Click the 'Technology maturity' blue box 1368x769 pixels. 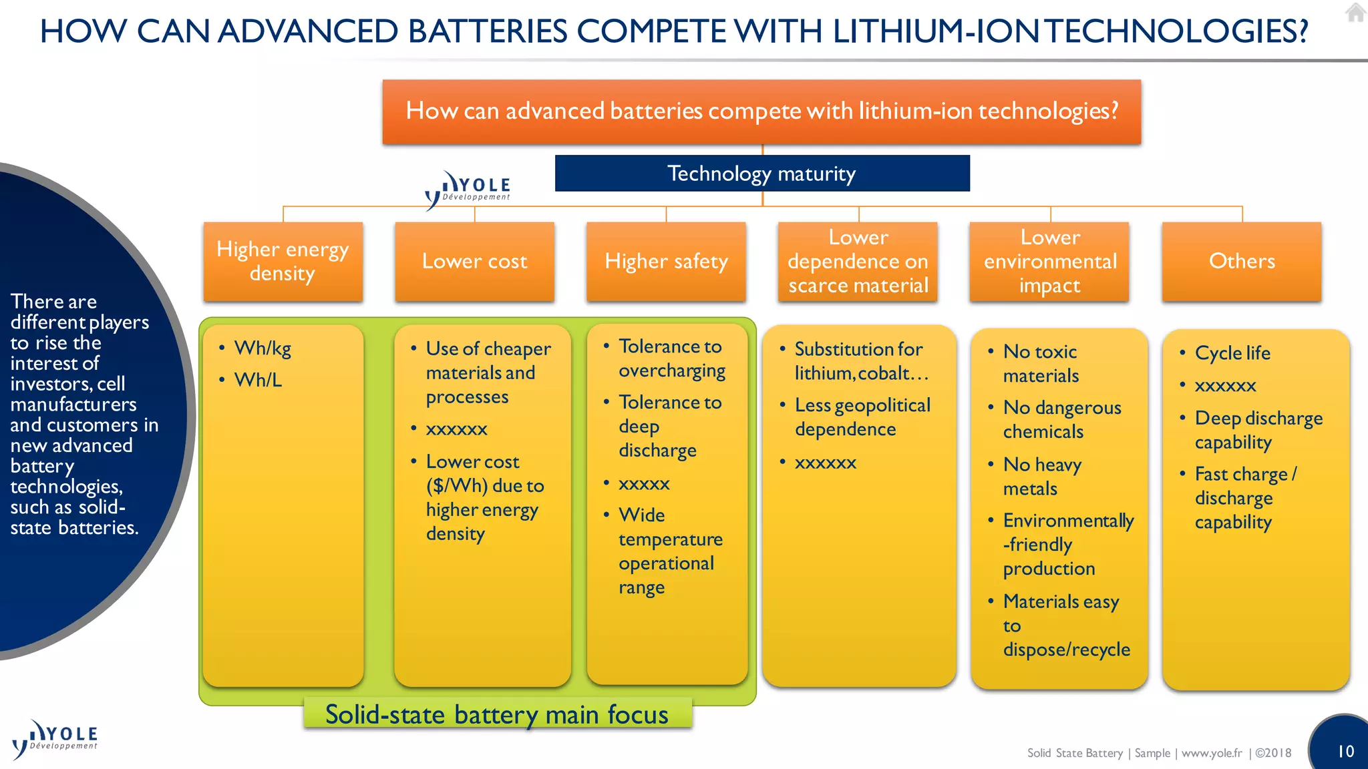(x=761, y=174)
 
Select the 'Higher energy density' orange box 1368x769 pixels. (x=283, y=261)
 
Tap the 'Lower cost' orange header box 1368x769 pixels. (x=474, y=261)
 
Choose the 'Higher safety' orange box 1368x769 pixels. (x=666, y=261)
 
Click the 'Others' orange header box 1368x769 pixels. (x=1242, y=261)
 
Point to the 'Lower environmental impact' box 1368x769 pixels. (x=1049, y=261)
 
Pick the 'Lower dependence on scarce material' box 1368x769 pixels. (x=858, y=261)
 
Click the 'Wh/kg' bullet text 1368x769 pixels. (x=263, y=348)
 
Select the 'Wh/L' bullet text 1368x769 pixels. (x=258, y=380)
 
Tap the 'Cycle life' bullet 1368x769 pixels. (x=1232, y=353)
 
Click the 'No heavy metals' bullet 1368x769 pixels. (x=1041, y=476)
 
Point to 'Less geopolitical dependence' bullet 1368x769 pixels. (x=862, y=417)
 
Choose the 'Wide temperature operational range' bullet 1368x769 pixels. (x=670, y=551)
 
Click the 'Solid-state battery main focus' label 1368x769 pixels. (x=497, y=714)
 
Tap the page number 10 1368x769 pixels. (x=1345, y=752)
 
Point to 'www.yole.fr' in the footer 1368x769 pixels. (x=1212, y=753)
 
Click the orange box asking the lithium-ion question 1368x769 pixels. (x=761, y=111)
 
